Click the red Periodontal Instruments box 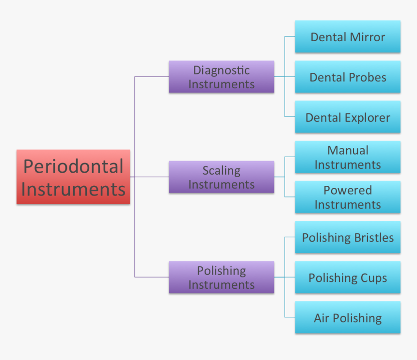pos(73,177)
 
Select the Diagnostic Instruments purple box pos(221,77)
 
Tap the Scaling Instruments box pos(221,177)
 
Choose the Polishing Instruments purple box pos(221,277)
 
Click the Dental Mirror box pos(348,37)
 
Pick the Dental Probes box pos(348,77)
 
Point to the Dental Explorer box pos(348,117)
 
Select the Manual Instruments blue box pos(348,157)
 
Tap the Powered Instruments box pos(348,197)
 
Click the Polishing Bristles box pos(348,237)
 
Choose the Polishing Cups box pos(348,278)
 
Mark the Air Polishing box pos(348,318)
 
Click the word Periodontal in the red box pos(73,166)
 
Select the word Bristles pos(374,237)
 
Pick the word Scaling pos(221,170)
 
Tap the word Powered pos(348,190)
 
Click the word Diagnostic pos(221,70)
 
